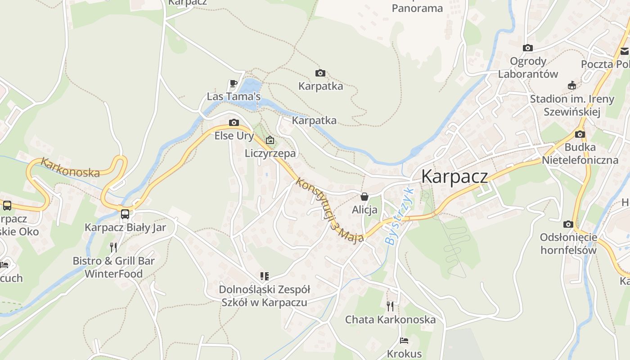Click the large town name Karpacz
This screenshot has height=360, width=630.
click(x=454, y=177)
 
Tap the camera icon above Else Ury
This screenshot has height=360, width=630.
click(x=234, y=122)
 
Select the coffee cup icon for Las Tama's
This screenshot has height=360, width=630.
click(x=233, y=83)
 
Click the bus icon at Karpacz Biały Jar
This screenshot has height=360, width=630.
click(x=125, y=214)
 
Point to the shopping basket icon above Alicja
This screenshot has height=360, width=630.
click(x=364, y=197)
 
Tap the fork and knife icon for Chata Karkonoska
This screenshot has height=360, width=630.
click(x=390, y=306)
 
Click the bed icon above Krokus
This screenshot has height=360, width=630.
click(x=404, y=341)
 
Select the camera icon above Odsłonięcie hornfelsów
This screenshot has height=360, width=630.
click(x=568, y=224)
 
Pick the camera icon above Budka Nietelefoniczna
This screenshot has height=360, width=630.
click(x=580, y=134)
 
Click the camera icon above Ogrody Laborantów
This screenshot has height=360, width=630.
click(x=527, y=48)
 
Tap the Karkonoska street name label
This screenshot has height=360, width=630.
click(x=70, y=167)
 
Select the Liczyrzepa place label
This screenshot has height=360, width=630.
click(x=270, y=153)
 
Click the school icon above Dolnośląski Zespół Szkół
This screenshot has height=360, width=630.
click(x=264, y=276)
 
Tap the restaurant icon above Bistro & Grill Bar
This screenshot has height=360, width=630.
click(x=113, y=247)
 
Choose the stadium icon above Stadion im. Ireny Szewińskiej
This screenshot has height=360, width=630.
click(x=571, y=85)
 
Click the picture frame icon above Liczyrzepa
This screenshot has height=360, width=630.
click(x=270, y=140)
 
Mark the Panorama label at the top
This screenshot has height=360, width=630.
click(x=417, y=8)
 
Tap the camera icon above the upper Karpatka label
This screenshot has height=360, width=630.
click(x=320, y=73)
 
